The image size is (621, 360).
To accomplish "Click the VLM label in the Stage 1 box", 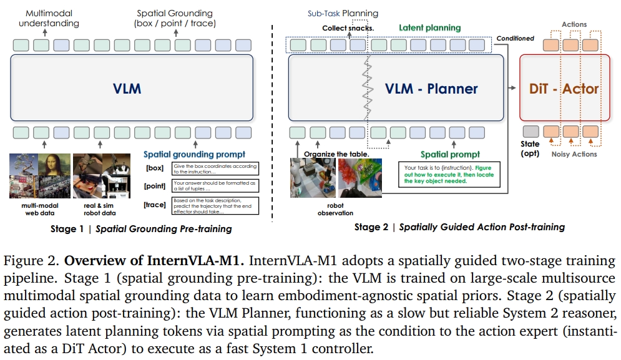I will click(127, 88).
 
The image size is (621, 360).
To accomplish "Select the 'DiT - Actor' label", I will click(564, 88).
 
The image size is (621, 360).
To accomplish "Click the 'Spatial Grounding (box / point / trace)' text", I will click(176, 18).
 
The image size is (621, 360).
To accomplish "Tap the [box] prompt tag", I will click(154, 168).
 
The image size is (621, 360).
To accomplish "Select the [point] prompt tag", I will click(154, 186).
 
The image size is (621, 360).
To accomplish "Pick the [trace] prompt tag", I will click(154, 205).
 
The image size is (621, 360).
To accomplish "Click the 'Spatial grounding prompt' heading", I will click(194, 154).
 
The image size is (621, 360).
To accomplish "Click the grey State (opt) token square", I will click(530, 132).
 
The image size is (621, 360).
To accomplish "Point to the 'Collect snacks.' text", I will click(348, 28).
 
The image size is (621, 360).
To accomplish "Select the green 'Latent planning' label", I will click(429, 27).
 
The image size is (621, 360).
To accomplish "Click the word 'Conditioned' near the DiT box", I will click(515, 38).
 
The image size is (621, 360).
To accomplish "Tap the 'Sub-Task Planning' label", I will click(343, 13).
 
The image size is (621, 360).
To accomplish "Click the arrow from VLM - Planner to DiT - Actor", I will click(511, 88).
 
